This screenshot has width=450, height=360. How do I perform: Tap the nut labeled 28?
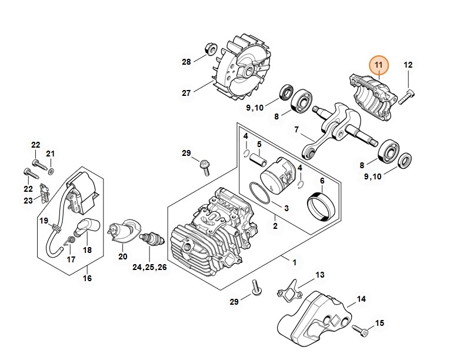209,49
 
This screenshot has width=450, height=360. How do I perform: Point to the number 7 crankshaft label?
296,129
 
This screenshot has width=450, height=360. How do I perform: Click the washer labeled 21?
51,170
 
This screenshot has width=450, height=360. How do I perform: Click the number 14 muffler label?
361,299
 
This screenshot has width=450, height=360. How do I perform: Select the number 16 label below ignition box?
87,278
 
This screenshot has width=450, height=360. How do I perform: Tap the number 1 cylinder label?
294,262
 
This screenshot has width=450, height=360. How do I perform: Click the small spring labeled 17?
70,240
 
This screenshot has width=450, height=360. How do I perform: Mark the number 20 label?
122,256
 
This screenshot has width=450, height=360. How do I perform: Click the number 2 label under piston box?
275,226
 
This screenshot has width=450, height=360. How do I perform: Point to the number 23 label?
28,201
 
